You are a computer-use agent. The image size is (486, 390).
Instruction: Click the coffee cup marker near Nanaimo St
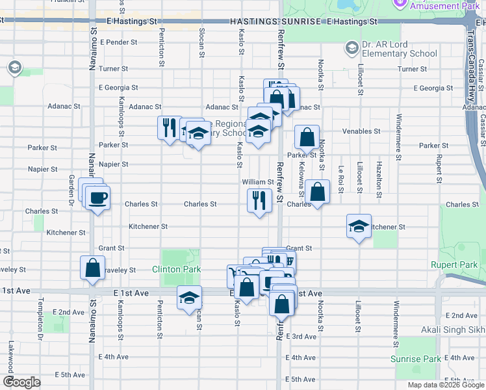click(x=97, y=198)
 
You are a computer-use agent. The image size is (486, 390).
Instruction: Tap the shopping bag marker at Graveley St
click(x=93, y=268)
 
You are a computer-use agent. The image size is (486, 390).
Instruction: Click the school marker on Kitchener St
click(x=359, y=226)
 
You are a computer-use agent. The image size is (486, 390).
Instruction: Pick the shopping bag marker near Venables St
click(x=307, y=137)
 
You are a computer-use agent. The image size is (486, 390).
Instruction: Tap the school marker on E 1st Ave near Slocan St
click(x=189, y=298)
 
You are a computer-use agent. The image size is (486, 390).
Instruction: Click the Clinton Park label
click(x=177, y=269)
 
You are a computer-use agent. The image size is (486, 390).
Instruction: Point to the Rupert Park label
click(x=454, y=265)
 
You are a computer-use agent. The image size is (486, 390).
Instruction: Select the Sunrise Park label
click(x=416, y=359)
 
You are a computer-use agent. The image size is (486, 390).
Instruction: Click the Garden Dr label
click(x=71, y=187)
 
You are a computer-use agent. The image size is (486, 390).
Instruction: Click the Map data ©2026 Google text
click(x=446, y=385)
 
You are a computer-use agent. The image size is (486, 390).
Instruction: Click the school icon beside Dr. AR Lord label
click(x=352, y=47)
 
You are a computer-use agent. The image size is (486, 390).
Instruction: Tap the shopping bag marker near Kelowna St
click(x=317, y=192)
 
